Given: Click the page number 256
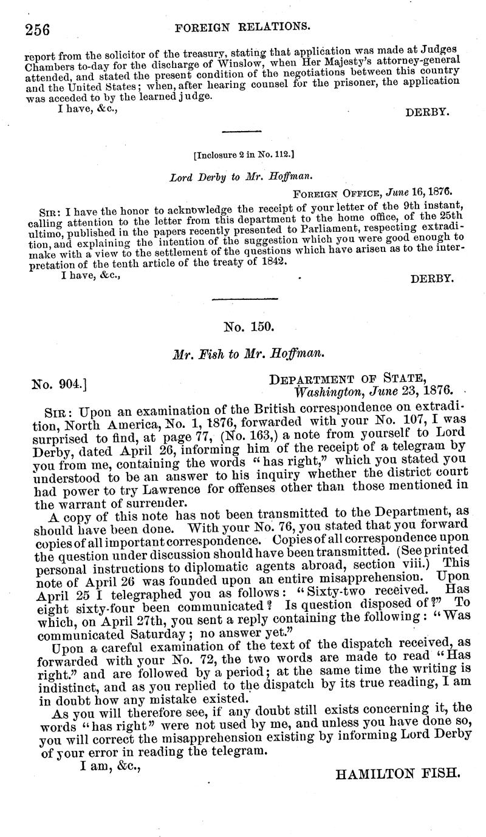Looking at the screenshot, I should click(37, 28).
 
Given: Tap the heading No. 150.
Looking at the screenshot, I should click(249, 327).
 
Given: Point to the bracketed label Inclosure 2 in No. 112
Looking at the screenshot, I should click(244, 155).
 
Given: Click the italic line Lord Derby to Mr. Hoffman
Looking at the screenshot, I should click(242, 178).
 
